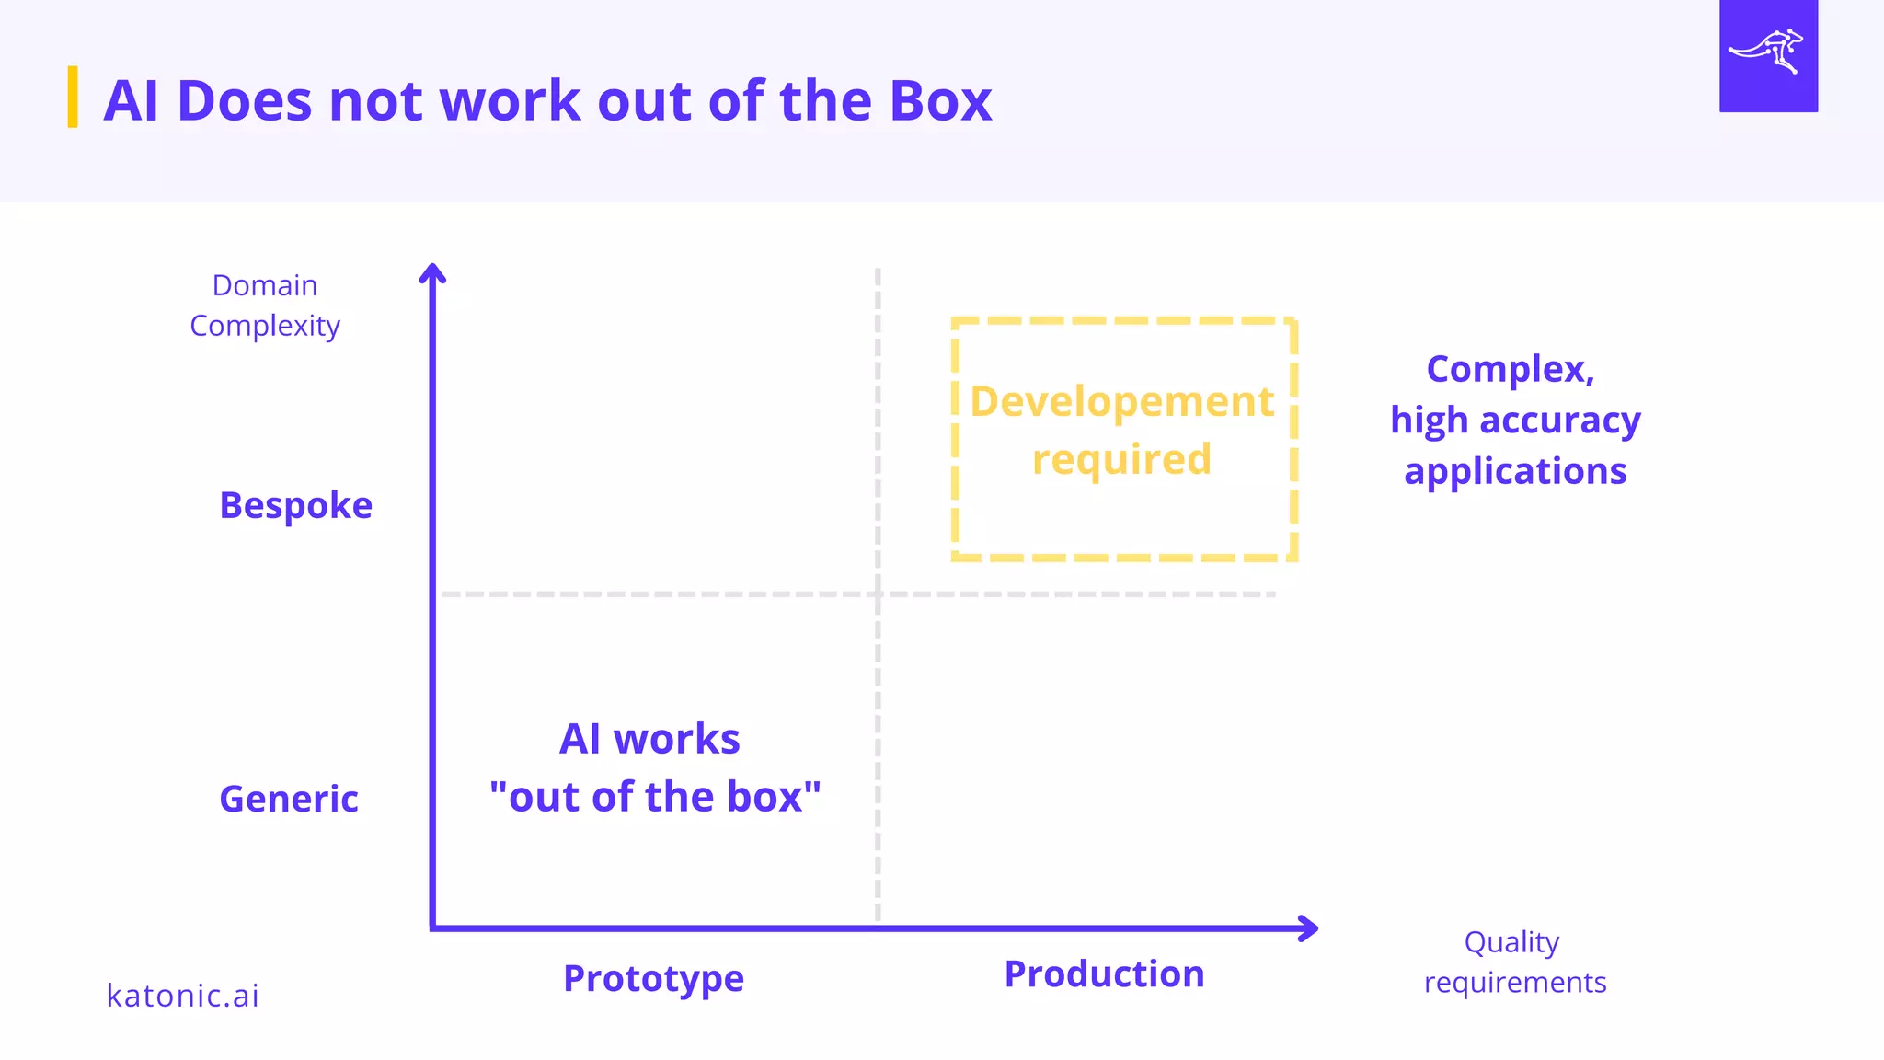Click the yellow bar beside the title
[x=73, y=97]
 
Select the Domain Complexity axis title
[x=265, y=305]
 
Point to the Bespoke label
[x=295, y=505]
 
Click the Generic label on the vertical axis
[x=289, y=799]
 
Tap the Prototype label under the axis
[x=653, y=978]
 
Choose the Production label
[x=1104, y=974]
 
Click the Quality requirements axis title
[x=1514, y=962]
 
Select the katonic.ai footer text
[x=183, y=996]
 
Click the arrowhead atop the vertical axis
[x=432, y=272]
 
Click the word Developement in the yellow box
[x=1122, y=402]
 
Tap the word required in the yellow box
[x=1121, y=459]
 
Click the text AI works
[x=649, y=739]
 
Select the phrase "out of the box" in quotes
[x=655, y=797]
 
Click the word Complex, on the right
[x=1510, y=369]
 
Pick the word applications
[x=1515, y=471]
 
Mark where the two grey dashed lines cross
[x=879, y=594]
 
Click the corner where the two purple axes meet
[x=432, y=927]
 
